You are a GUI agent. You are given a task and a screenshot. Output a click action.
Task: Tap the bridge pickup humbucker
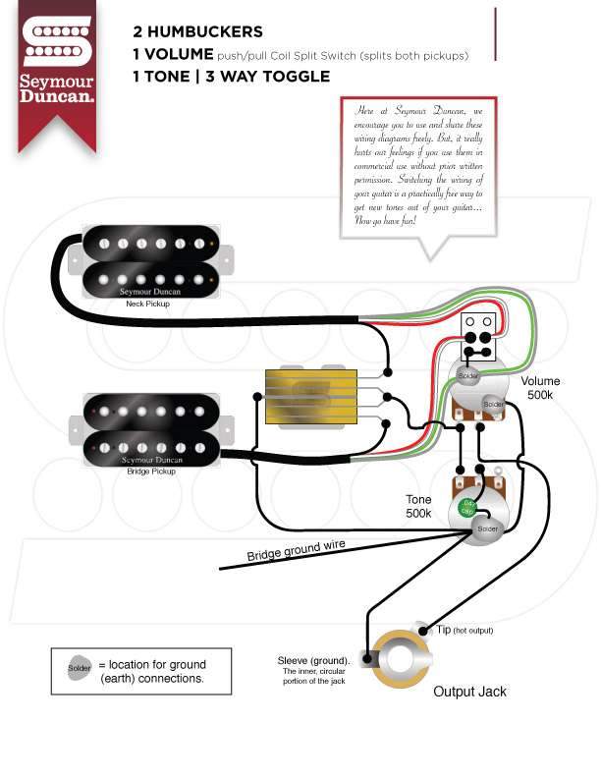coord(150,430)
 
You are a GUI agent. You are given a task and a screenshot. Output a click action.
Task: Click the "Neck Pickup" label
coord(149,304)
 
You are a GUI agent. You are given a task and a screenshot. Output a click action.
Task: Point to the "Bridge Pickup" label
coord(149,472)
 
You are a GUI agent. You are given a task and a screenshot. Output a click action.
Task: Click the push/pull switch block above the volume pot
coord(479,337)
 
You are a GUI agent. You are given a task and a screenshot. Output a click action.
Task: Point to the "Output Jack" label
coord(469,692)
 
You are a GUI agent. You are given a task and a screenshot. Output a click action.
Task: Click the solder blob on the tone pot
coord(486,528)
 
